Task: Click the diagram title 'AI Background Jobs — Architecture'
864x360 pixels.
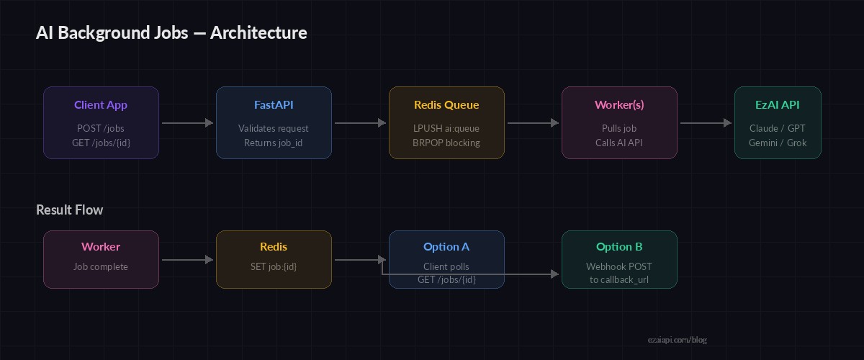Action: coord(171,33)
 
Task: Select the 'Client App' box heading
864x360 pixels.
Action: coord(101,105)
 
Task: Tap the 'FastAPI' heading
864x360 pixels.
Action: coord(274,105)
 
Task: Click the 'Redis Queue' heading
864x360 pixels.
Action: coord(446,105)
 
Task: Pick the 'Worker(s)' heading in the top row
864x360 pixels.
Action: coord(619,105)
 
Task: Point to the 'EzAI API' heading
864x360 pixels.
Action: coord(778,105)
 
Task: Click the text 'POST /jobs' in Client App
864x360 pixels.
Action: coord(101,129)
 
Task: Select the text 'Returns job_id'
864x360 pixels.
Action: coord(274,143)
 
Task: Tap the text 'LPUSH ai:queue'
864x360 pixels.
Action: coord(446,129)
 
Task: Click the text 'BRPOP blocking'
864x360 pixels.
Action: coord(446,143)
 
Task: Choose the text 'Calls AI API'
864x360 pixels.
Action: coord(619,143)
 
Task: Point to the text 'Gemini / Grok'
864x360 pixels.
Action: coord(778,143)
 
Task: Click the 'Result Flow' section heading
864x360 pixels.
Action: coord(70,210)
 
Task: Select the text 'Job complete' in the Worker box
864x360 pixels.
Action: coord(101,266)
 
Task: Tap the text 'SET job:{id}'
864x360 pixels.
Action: coord(274,266)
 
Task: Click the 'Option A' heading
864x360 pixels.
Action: coord(446,247)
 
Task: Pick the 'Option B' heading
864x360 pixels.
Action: coord(619,247)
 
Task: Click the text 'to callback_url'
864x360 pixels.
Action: coord(619,279)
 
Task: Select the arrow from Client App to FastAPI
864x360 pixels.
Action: coord(187,123)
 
